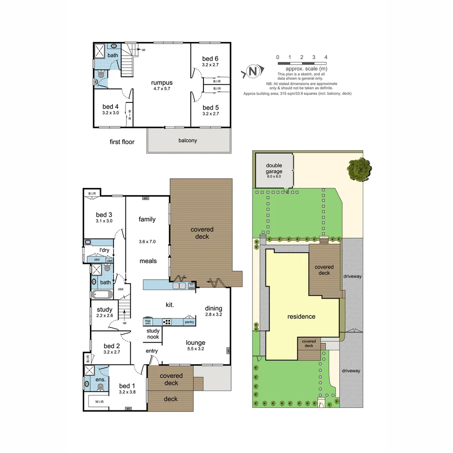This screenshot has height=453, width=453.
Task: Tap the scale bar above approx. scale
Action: [x=302, y=63]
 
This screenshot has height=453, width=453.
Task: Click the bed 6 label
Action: [x=210, y=58]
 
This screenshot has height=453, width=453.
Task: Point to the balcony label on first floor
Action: [x=188, y=141]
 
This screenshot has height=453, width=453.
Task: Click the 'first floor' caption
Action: [x=122, y=142]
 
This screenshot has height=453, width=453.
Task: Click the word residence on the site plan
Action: [x=301, y=316]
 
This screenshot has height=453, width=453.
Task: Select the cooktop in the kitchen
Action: [x=167, y=322]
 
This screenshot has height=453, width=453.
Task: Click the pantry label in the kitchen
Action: [x=190, y=322]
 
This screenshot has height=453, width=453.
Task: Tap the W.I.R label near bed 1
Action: [x=99, y=402]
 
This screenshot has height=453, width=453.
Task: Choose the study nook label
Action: [x=153, y=334]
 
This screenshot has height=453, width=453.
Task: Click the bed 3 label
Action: [x=104, y=215]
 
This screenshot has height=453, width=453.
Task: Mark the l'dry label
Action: [x=104, y=250]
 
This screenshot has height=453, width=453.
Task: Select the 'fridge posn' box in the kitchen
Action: [x=148, y=322]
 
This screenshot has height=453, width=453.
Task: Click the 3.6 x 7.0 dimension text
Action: [x=147, y=242]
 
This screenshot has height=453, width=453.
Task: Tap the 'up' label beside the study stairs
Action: [x=125, y=323]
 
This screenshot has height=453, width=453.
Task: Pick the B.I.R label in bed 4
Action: [x=130, y=115]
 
